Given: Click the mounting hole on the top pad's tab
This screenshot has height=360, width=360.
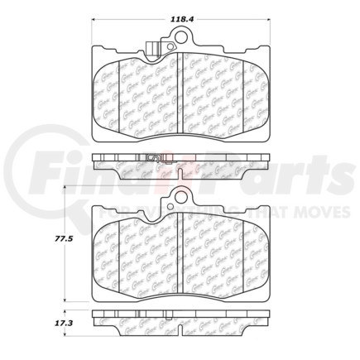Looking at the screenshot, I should [179, 37].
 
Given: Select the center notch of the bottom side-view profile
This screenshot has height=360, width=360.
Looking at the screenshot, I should [180, 318].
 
